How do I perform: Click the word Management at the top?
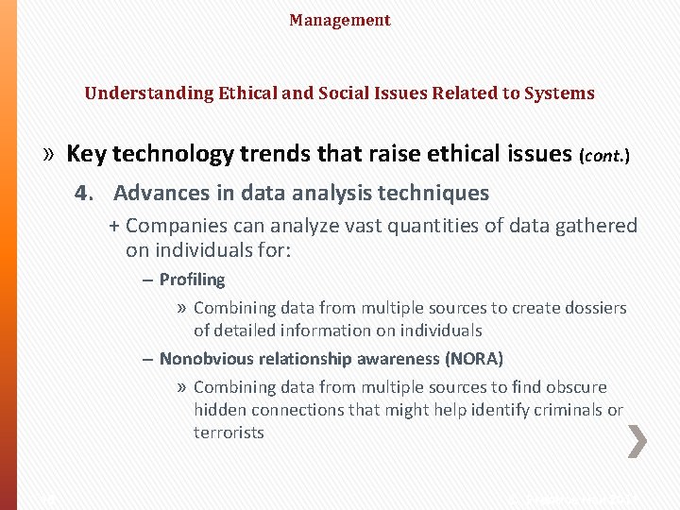pos(340,20)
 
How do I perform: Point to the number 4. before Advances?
pos(86,194)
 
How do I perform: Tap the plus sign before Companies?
pos(114,226)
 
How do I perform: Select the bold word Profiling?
pos(192,280)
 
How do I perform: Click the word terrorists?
pos(229,433)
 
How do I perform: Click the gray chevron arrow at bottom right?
pos(637,441)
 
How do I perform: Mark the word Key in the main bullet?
pos(86,154)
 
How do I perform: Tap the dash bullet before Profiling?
pos(148,280)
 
